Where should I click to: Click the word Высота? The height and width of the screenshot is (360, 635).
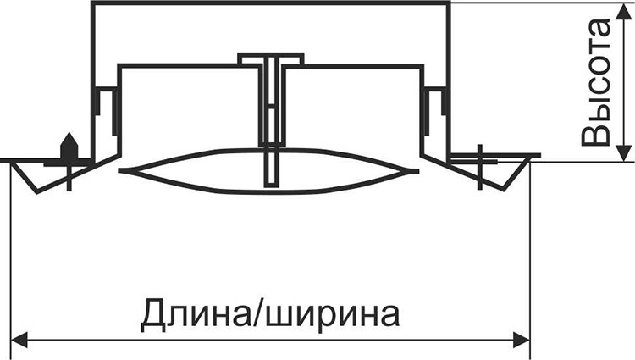coord(595,82)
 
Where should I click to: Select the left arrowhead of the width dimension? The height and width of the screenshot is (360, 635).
coord(19,340)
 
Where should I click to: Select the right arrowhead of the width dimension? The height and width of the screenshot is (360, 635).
coord(522,340)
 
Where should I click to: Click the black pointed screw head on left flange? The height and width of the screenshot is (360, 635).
coord(69,147)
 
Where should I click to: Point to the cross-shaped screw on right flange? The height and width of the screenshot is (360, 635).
coord(480,167)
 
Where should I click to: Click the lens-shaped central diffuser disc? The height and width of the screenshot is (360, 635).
coord(268,171)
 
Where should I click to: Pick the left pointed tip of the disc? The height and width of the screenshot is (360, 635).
coord(119,171)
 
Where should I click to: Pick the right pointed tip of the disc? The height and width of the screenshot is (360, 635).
coord(418,171)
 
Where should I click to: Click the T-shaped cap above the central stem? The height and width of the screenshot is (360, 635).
coord(271,58)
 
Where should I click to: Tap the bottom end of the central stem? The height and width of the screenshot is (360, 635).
coord(271,186)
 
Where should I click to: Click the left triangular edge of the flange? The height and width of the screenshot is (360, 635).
coord(25,178)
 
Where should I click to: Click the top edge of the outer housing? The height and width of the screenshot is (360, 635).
coord(271,3)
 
